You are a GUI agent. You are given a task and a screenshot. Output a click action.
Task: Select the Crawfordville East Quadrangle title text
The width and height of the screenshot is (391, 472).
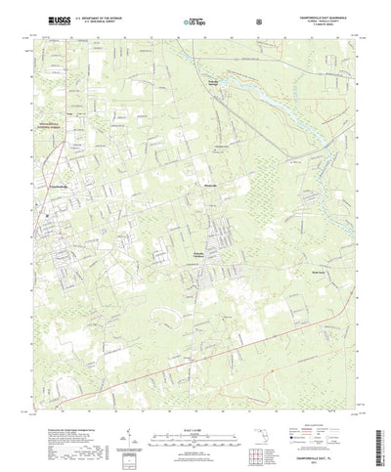pos(326,14)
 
